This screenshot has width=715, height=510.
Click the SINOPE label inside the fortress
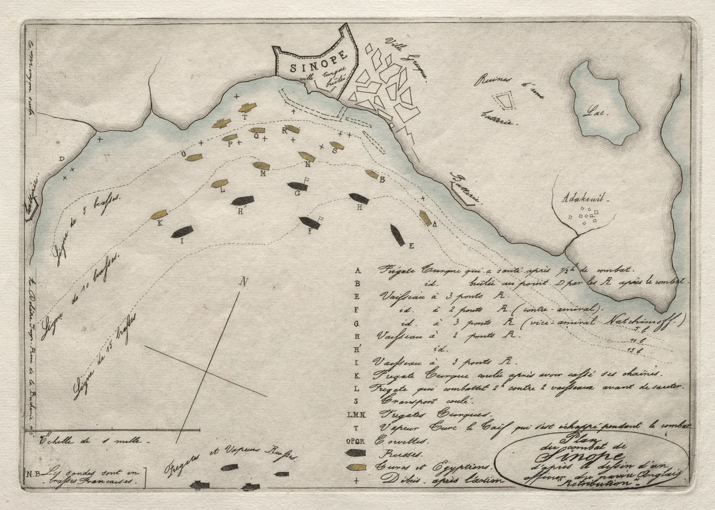tap(310, 67)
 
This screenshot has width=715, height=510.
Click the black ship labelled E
tap(397, 234)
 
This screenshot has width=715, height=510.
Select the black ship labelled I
tap(182, 231)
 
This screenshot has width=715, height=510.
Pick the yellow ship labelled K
tap(158, 214)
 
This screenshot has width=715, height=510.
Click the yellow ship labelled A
tap(425, 218)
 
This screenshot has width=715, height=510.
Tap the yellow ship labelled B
tap(372, 175)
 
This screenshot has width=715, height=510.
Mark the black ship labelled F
tap(310, 222)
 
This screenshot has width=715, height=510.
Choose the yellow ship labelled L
tap(219, 184)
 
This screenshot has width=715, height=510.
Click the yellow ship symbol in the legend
tap(356, 467)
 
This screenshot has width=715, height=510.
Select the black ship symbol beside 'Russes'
tap(356, 453)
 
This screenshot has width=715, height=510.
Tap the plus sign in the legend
tap(356, 479)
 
